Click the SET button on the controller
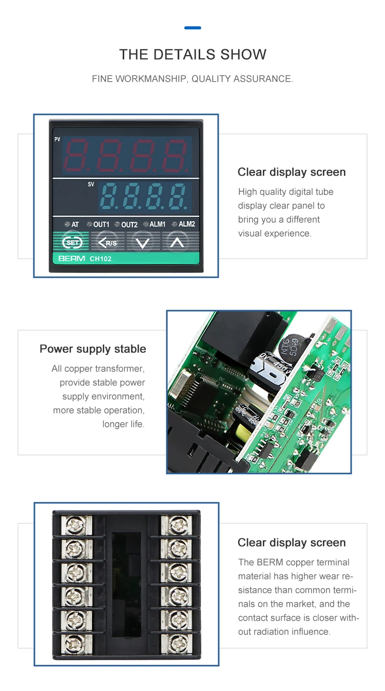coord(72,242)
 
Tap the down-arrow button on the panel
coord(143,242)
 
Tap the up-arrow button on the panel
coord(177,242)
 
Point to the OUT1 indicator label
coord(101,225)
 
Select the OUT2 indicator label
coord(129,225)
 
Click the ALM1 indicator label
coord(157,225)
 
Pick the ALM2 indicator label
coord(186,225)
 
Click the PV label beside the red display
coord(57,140)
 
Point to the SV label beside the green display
coord(91,184)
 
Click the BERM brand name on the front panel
coord(71,258)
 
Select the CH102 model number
coord(101,258)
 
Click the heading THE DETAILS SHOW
coord(192,54)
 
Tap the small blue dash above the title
coord(192,28)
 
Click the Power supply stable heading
coord(93,349)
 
